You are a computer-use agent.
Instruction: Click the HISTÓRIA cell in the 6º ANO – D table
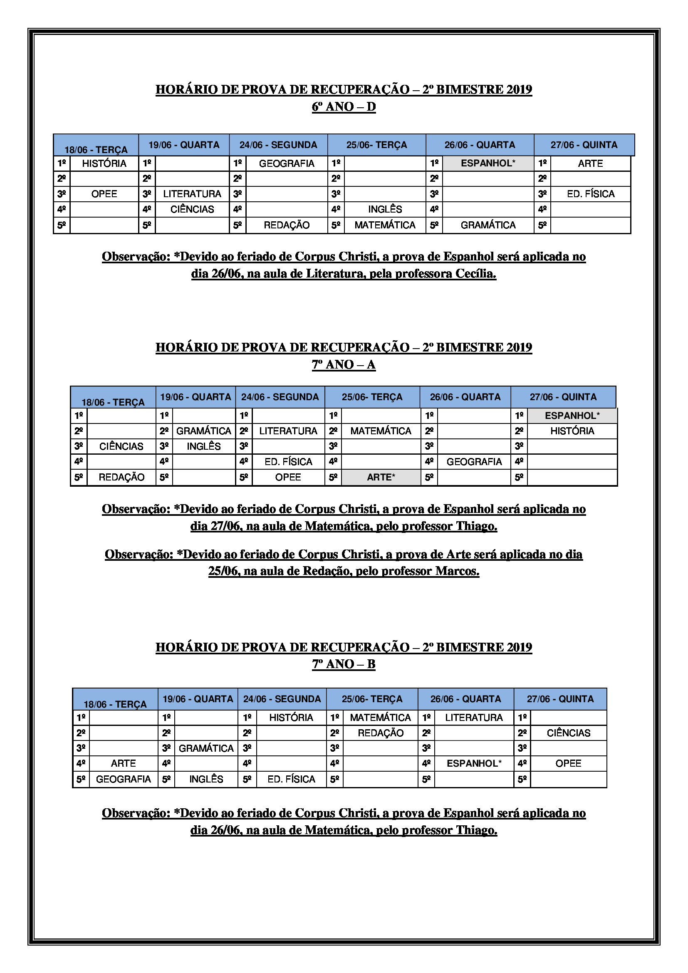pyautogui.click(x=104, y=163)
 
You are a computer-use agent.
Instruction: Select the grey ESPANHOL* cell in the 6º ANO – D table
pyautogui.click(x=488, y=163)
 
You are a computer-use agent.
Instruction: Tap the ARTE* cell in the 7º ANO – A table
pyautogui.click(x=381, y=477)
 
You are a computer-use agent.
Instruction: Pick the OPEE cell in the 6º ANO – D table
pyautogui.click(x=104, y=194)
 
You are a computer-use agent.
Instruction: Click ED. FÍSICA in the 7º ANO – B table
pyautogui.click(x=291, y=779)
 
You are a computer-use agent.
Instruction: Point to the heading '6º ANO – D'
pyautogui.click(x=344, y=107)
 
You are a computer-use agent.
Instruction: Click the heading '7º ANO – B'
pyautogui.click(x=344, y=664)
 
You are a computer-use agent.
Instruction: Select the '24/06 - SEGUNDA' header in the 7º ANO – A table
pyautogui.click(x=280, y=397)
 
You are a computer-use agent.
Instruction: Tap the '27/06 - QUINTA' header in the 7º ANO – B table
pyautogui.click(x=560, y=699)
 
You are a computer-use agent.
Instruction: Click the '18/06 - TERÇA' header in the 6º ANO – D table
pyautogui.click(x=96, y=150)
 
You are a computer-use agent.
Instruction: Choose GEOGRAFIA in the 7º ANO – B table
pyautogui.click(x=123, y=779)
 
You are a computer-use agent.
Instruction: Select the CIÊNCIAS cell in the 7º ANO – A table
pyautogui.click(x=121, y=446)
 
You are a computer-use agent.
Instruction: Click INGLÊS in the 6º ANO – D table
pyautogui.click(x=385, y=209)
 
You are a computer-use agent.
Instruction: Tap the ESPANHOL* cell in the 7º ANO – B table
pyautogui.click(x=474, y=763)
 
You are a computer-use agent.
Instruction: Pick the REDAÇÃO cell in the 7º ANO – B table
pyautogui.click(x=381, y=733)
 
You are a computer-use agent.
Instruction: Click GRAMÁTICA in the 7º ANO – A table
pyautogui.click(x=204, y=431)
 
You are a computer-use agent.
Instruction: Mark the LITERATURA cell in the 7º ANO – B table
pyautogui.click(x=474, y=718)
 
